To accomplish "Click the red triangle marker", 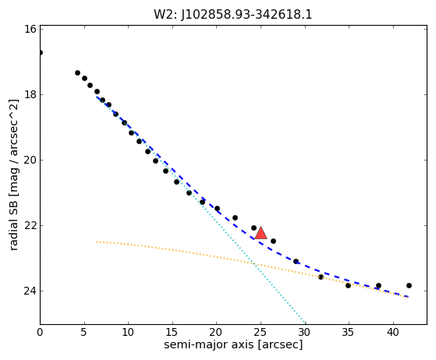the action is (261, 233).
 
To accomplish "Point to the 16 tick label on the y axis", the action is (30, 29).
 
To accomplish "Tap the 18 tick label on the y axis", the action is (30, 94).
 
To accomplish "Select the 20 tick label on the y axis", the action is (30, 160).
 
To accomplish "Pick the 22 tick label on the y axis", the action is (30, 225).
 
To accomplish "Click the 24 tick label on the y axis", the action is (30, 291).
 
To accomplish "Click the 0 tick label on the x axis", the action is (40, 332).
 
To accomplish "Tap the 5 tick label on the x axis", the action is (84, 332).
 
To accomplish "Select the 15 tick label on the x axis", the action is (172, 332).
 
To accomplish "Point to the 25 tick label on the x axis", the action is (261, 332).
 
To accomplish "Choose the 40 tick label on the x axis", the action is (393, 332).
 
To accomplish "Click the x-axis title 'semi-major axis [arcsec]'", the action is (233, 344).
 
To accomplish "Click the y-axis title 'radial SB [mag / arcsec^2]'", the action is (13, 175).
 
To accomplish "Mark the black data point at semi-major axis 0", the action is (40, 52).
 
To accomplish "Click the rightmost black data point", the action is (409, 285).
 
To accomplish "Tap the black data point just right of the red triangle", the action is (273, 241).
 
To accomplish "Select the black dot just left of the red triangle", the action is (253, 228).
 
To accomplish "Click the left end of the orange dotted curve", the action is (97, 242).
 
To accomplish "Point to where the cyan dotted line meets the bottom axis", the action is (305, 324).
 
